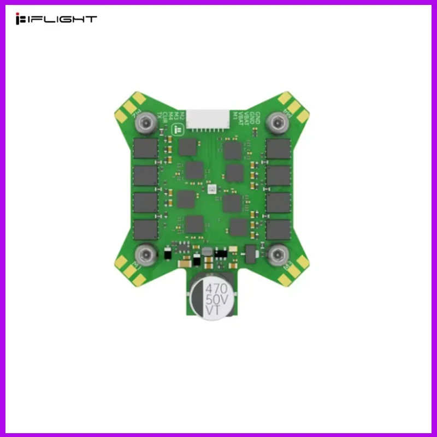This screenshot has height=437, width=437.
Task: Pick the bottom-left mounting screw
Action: click(145, 253)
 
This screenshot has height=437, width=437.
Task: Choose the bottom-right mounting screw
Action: click(278, 253)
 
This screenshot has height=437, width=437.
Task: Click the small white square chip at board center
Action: click(212, 188)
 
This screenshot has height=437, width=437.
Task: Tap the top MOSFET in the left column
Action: click(145, 148)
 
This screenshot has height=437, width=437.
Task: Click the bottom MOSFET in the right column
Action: click(278, 229)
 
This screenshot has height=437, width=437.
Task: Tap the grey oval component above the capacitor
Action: click(206, 251)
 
